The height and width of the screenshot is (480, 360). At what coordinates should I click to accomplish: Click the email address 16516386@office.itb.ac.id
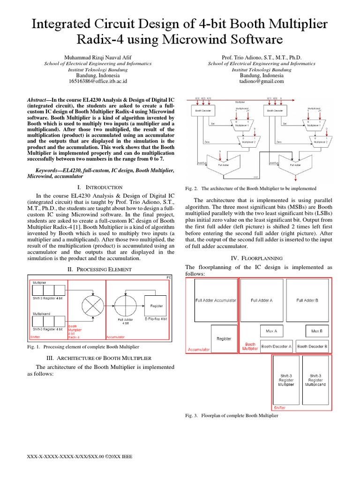[x=98, y=81]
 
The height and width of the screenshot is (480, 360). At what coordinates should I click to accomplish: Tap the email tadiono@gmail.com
[x=262, y=81]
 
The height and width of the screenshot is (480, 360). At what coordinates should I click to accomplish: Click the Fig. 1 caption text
[x=84, y=347]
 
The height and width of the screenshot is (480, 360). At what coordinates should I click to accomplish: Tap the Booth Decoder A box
[x=276, y=346]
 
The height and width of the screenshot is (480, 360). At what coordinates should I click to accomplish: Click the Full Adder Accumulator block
[x=216, y=300]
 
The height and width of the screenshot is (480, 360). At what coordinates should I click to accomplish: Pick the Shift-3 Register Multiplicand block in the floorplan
[x=315, y=380]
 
